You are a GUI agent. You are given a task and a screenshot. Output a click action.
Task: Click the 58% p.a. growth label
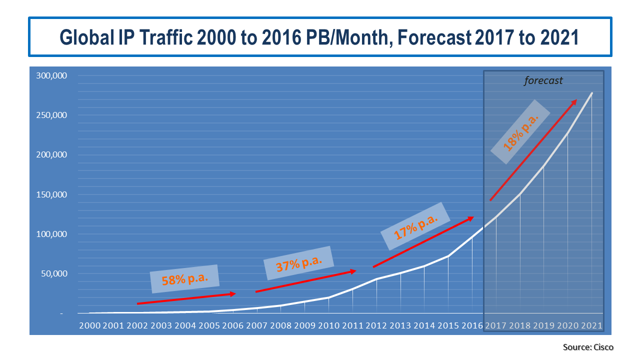coord(185,279)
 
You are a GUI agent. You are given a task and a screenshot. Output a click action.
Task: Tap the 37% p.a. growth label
coord(298,263)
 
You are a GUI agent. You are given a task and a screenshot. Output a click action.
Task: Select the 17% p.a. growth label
coord(416,226)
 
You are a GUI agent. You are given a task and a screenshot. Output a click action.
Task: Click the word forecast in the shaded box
coord(543,80)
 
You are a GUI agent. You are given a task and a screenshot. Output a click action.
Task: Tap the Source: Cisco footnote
coord(588,347)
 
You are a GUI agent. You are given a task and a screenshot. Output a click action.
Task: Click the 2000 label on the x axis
coord(89,325)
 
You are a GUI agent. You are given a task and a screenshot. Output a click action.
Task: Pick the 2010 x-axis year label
coord(329,325)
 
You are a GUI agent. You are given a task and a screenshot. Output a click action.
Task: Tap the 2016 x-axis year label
coord(472,325)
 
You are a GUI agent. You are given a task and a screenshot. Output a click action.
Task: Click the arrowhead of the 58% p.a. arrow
coord(233,294)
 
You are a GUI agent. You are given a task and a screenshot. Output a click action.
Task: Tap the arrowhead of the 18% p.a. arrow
coord(574,101)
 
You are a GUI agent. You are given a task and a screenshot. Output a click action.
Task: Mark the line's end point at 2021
coord(592,93)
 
